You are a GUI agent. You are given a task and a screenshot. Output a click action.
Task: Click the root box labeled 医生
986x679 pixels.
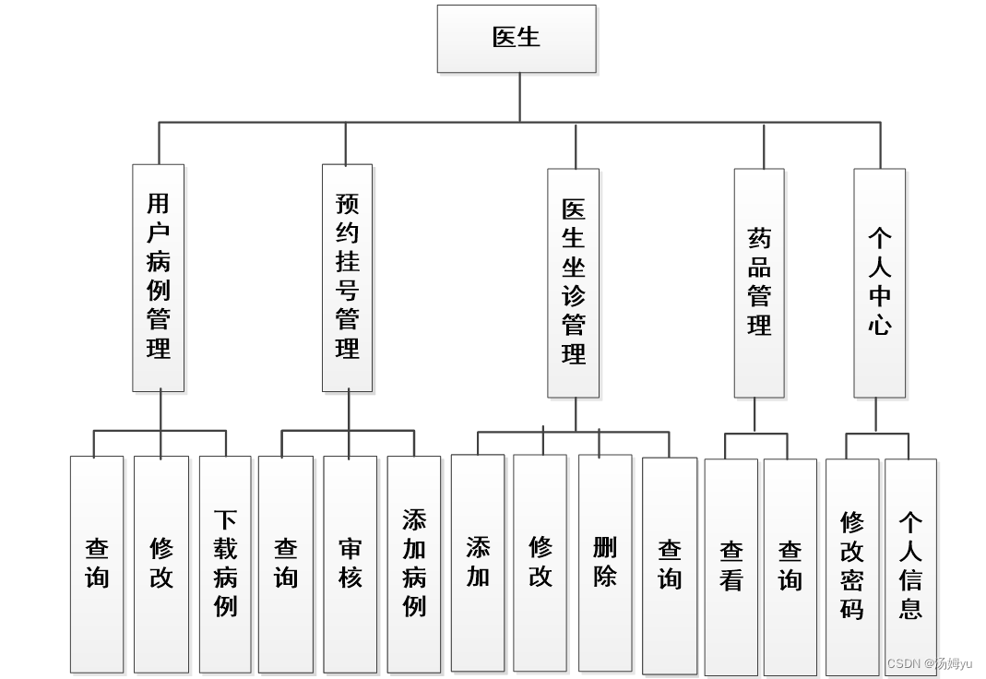coord(517,39)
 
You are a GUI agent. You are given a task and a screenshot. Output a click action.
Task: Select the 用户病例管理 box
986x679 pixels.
coord(159,278)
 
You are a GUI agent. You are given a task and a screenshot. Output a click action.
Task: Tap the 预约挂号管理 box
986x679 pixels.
coord(348,278)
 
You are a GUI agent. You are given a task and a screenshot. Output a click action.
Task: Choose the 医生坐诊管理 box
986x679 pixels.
coord(573,282)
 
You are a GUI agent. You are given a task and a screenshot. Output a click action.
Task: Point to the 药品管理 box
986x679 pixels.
coord(759,282)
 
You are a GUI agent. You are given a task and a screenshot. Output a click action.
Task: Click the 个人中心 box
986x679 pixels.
coord(879,282)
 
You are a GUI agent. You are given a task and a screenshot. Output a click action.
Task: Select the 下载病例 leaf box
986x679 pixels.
coord(225,564)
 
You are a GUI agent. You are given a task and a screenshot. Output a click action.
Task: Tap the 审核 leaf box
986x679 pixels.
coord(350,564)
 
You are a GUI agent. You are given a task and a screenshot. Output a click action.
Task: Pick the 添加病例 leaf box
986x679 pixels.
coord(414,564)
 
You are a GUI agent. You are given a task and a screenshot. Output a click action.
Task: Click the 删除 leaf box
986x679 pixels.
coord(605,562)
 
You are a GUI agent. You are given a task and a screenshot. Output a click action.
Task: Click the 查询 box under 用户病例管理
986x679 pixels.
coord(97,564)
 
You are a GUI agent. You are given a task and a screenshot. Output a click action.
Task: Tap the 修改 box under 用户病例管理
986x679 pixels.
coord(161,564)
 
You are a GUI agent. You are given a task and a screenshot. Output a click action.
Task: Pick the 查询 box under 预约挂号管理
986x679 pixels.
coord(286,564)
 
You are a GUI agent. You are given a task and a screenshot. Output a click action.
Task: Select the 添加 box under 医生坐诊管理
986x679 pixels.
coord(478,562)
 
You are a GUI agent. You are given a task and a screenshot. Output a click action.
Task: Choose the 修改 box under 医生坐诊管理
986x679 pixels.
coord(541,562)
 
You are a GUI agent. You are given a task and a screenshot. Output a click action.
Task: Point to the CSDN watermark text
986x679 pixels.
coord(930,663)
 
